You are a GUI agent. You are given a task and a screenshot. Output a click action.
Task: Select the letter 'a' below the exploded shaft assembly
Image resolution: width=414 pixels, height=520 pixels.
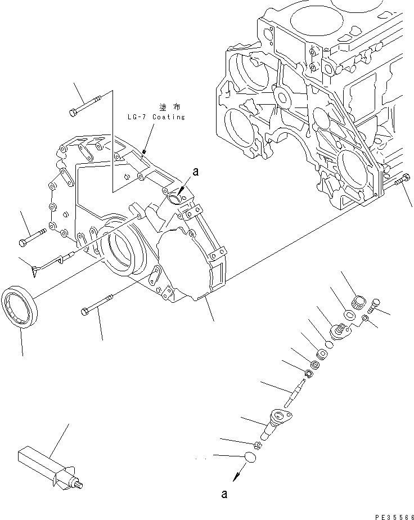pos(224,495)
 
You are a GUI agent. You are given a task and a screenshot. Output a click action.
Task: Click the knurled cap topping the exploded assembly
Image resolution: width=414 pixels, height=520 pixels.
pos(358,303)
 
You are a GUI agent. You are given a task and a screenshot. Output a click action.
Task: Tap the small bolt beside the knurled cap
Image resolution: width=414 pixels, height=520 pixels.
pos(375,305)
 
